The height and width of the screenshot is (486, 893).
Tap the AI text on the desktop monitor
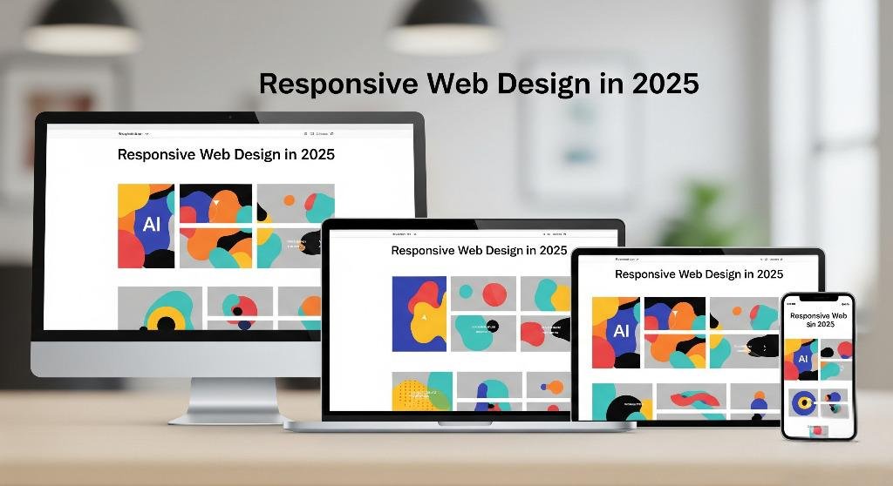pos(152,224)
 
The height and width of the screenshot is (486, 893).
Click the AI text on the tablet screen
pos(622,331)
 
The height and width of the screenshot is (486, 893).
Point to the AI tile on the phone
pos(802,359)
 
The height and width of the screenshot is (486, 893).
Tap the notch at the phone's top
pos(818,298)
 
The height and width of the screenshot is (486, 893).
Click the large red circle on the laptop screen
pos(494,294)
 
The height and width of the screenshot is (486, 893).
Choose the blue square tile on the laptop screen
pos(419,314)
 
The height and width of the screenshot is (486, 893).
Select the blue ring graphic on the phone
pos(802,402)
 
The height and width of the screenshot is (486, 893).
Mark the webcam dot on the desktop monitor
pos(230,117)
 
